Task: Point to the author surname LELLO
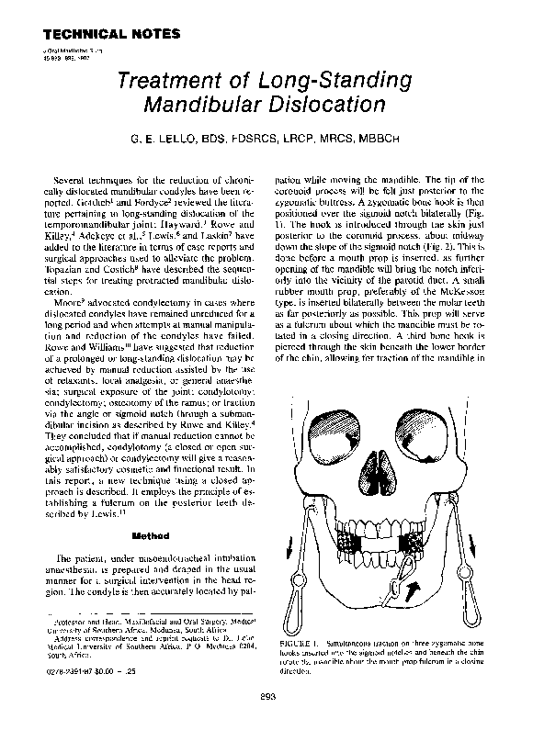206,140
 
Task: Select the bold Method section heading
148,533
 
